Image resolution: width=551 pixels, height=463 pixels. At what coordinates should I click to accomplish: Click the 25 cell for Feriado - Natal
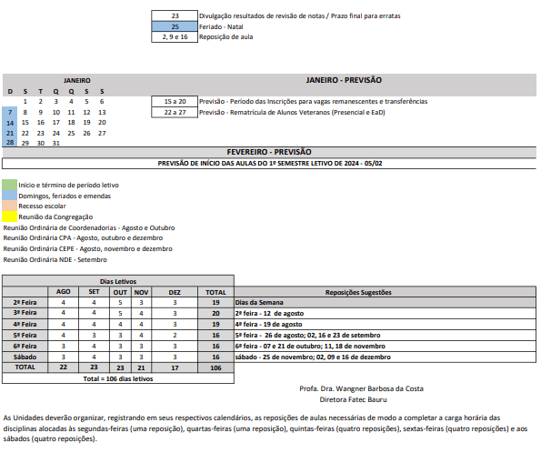click(175, 27)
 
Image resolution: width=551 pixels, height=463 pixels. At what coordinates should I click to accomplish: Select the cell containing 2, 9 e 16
click(175, 38)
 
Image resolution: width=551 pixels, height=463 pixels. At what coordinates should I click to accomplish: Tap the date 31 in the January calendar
click(56, 143)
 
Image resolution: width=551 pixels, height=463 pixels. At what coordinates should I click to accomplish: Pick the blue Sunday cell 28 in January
click(9, 143)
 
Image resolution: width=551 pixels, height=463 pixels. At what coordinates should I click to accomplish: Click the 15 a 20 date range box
click(175, 101)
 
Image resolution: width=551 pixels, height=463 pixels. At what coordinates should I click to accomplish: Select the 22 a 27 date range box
click(175, 112)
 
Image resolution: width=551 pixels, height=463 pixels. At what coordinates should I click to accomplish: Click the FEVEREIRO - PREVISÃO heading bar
click(269, 152)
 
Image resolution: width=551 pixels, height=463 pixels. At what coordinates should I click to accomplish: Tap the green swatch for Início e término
click(9, 185)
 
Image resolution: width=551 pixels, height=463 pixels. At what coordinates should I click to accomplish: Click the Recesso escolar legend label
click(42, 206)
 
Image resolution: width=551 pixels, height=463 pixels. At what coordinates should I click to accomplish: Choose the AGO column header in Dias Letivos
click(64, 292)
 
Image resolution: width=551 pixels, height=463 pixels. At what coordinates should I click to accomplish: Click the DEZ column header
click(175, 292)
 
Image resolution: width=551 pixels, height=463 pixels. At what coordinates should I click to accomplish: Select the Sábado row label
click(25, 357)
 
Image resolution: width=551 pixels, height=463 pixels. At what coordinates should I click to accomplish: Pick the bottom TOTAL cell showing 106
click(215, 367)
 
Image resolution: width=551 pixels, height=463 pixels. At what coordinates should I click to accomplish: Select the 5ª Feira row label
click(25, 335)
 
